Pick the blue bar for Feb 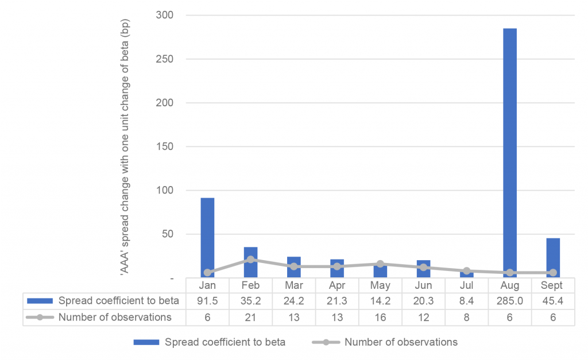coord(250,262)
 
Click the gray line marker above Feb coord(250,260)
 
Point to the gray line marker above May coord(380,264)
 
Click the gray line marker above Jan coord(207,273)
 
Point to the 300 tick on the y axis coord(165,16)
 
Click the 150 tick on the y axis coord(165,146)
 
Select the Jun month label coord(423,285)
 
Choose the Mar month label coord(294,285)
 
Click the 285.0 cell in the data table coord(510,301)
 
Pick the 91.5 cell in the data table coord(207,301)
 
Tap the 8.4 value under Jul coord(466,301)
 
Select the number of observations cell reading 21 coord(250,317)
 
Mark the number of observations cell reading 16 coord(380,317)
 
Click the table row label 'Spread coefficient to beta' coord(119,301)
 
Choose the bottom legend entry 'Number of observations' coord(401,342)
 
